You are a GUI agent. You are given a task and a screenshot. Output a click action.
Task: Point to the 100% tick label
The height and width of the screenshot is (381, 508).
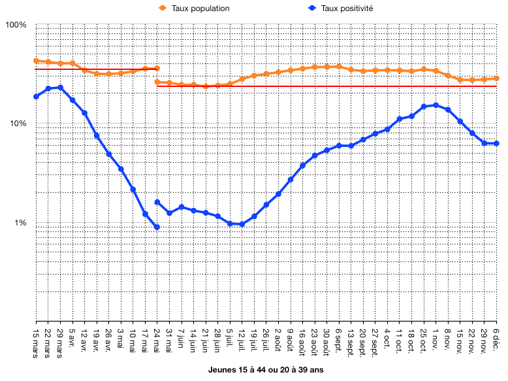click(16, 25)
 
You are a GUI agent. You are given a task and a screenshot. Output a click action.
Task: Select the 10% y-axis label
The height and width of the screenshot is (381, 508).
click(18, 124)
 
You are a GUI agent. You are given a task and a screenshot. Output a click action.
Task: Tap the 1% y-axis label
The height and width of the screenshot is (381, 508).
click(20, 224)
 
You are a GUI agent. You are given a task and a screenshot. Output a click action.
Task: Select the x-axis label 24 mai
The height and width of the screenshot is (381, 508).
click(157, 338)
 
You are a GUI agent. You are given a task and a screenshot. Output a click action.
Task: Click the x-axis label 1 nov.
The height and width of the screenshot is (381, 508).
click(436, 337)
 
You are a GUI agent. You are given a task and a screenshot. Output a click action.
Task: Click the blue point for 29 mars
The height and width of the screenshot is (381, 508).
click(60, 88)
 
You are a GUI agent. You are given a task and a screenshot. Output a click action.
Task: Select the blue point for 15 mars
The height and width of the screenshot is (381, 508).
click(36, 97)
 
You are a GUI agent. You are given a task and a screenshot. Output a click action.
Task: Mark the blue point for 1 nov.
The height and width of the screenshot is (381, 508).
click(436, 105)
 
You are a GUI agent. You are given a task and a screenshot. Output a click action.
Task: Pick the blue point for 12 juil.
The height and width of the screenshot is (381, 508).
click(242, 224)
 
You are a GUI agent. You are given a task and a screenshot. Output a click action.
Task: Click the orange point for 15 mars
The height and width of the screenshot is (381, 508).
click(36, 61)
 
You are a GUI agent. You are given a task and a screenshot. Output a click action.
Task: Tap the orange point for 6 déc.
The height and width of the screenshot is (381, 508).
click(497, 78)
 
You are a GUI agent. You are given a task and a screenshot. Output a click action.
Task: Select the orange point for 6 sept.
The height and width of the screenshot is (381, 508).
click(338, 67)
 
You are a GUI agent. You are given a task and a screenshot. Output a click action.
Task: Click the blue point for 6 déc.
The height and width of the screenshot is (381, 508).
click(497, 144)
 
